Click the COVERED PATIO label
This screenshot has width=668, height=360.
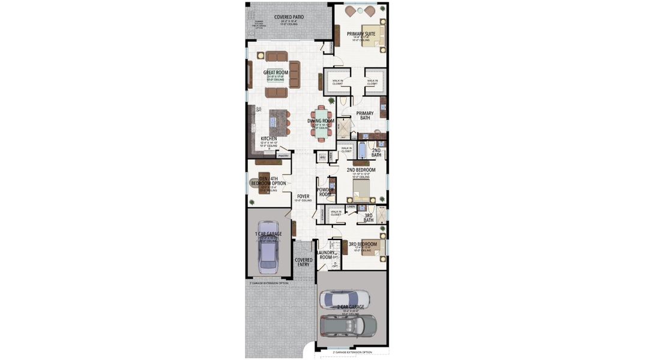click(288, 17)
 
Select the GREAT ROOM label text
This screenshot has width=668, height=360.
click(275, 73)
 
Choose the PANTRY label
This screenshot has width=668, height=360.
click(283, 155)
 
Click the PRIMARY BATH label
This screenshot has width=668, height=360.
click(365, 115)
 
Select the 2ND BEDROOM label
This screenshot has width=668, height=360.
click(361, 170)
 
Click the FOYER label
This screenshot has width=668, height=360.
click(303, 196)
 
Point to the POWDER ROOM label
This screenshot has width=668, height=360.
click(325, 191)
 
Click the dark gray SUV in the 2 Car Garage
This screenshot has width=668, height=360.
click(349, 325)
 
